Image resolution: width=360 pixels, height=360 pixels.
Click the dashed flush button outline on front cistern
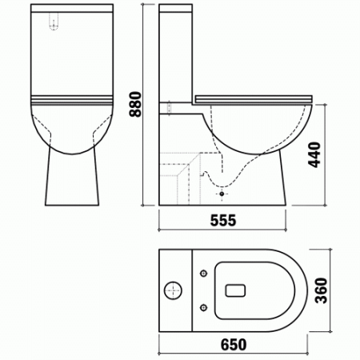(54, 24)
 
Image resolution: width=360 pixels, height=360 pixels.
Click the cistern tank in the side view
(175, 56)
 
